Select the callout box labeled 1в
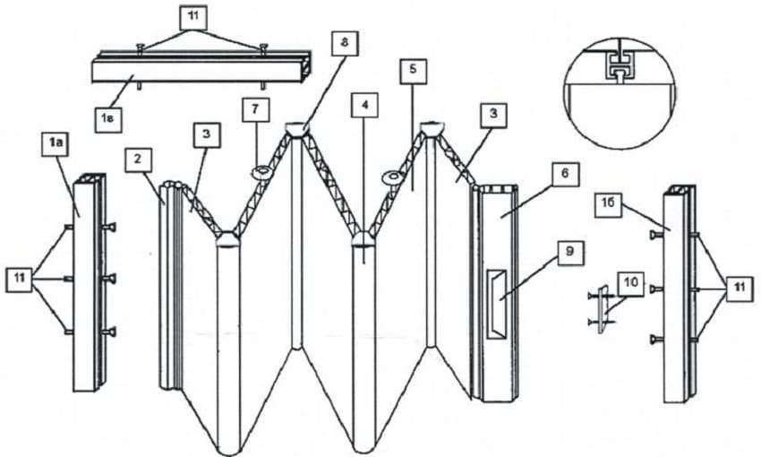107,119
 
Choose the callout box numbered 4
364,105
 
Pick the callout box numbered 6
565,174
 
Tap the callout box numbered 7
256,109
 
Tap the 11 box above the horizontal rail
193,17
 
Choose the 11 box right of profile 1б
740,288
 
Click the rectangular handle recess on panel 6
496,305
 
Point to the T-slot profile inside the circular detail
619,65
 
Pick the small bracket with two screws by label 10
602,309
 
